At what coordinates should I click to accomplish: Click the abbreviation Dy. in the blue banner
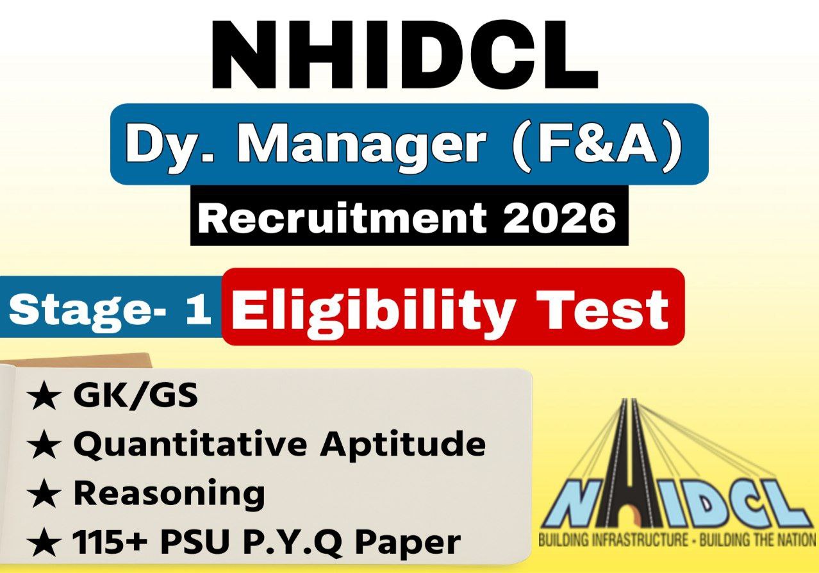click(x=168, y=144)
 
